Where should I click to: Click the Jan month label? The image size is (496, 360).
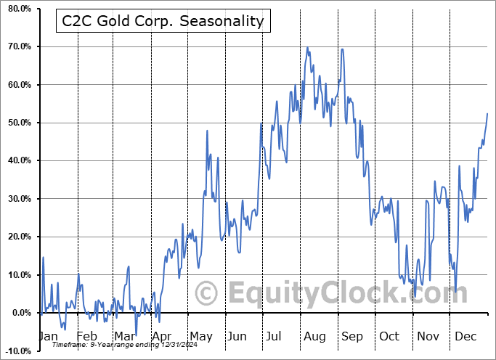click(x=47, y=337)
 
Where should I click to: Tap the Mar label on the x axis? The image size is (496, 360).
click(x=124, y=337)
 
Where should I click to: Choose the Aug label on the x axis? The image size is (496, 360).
click(x=314, y=337)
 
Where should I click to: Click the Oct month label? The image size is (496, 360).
click(x=389, y=337)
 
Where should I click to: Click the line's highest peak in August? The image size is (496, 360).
click(x=307, y=48)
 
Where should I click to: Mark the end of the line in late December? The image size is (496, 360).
click(x=487, y=114)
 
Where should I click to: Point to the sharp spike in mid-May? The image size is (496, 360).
click(x=207, y=131)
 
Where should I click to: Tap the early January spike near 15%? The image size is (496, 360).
click(x=43, y=258)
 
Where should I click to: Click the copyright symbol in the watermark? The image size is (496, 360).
click(x=207, y=294)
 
